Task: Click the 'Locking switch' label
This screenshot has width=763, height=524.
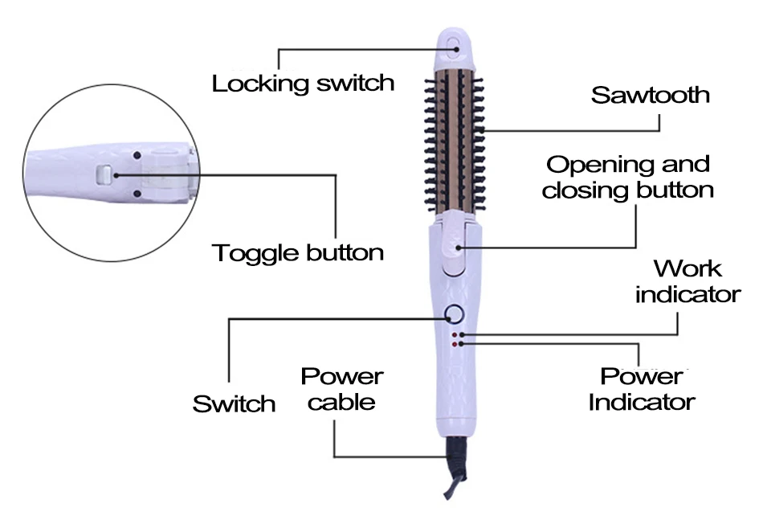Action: click(x=303, y=83)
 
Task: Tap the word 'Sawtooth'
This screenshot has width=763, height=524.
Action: click(x=651, y=95)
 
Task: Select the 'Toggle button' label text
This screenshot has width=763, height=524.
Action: click(x=298, y=253)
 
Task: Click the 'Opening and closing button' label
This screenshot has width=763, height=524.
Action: click(x=628, y=178)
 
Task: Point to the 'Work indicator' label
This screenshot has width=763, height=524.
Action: click(x=688, y=281)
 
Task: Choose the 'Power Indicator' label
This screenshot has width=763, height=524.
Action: click(x=642, y=389)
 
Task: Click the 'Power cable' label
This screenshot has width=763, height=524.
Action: click(x=341, y=389)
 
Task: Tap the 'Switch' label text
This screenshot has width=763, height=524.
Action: click(x=234, y=403)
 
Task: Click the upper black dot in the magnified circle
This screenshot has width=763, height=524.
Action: click(x=137, y=154)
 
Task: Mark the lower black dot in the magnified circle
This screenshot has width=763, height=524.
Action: click(x=137, y=194)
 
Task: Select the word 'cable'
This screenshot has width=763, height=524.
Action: click(x=341, y=402)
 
